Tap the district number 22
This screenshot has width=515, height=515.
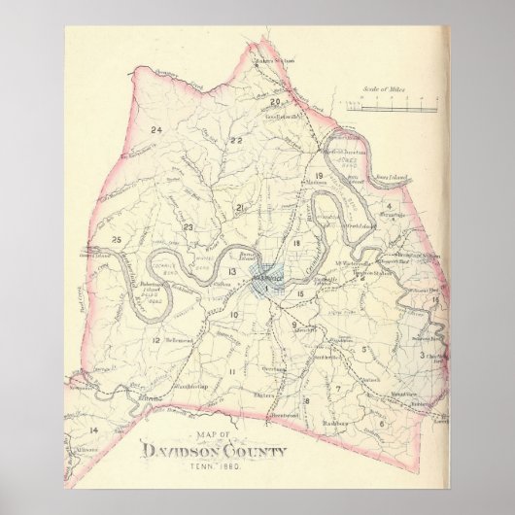click(236, 141)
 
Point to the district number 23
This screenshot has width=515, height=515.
click(189, 227)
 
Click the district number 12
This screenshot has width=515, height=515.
click(155, 341)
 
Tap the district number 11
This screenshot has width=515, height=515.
click(232, 372)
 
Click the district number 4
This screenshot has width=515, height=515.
click(388, 207)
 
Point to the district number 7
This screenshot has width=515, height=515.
click(336, 389)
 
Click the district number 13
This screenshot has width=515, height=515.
click(232, 271)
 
